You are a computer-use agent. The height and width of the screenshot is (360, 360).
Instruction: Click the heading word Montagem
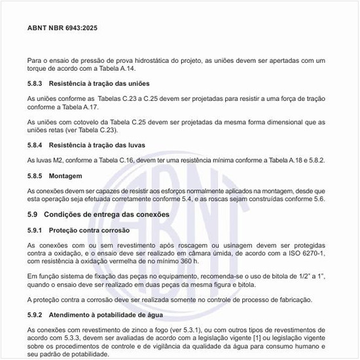pos(68,176)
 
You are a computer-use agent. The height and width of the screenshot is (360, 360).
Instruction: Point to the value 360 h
pos(183,261)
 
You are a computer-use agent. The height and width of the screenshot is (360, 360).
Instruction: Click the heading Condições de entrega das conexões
pos(108,214)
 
